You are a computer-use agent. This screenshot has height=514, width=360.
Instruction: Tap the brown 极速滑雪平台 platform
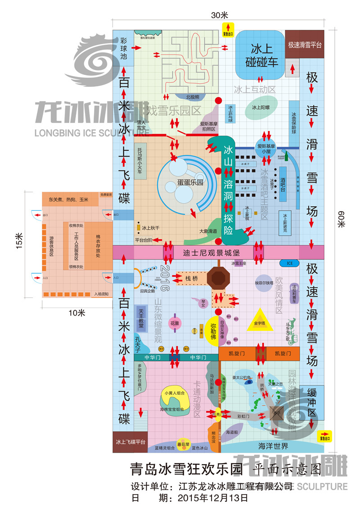coord(305,45)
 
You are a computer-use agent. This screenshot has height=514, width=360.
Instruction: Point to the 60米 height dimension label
coord(340,221)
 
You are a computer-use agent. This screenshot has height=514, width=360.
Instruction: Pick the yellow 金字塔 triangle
coord(260,321)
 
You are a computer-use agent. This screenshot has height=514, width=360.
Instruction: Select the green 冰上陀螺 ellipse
coord(260,108)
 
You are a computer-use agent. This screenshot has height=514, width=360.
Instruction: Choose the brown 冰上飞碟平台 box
coord(130,442)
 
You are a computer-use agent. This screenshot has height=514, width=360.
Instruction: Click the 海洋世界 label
coord(273,446)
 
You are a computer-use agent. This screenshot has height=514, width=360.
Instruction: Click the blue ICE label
coord(287,263)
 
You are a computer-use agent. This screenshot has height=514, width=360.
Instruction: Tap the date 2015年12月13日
coord(212,498)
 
